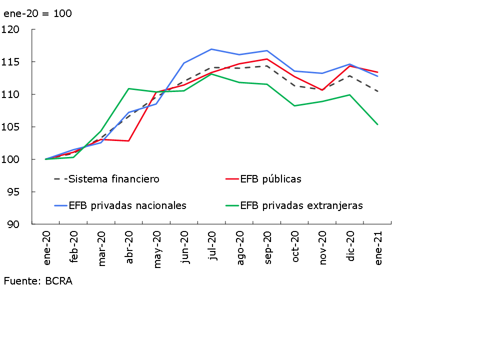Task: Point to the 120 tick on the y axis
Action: [10, 29]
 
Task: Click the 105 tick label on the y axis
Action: [10, 127]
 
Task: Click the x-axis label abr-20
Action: [129, 247]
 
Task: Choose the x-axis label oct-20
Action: [295, 247]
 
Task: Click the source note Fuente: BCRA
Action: [38, 281]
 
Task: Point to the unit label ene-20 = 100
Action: [37, 13]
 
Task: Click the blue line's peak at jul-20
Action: [211, 49]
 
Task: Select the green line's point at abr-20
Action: [129, 88]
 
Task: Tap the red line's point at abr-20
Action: [129, 141]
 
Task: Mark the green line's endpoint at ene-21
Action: [377, 124]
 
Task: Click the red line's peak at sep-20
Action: [267, 59]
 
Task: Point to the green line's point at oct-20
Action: [294, 106]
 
